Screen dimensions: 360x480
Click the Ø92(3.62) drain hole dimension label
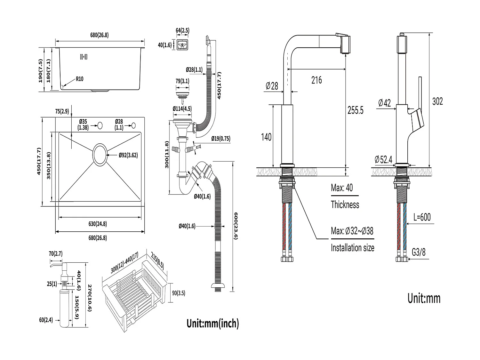click(x=128, y=155)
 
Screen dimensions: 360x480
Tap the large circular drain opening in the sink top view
click(x=101, y=155)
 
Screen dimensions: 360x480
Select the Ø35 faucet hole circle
click(x=100, y=125)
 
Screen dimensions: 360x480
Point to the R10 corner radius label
click(x=79, y=79)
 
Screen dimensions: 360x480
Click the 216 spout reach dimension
click(x=316, y=80)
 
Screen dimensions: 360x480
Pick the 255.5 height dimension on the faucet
click(x=356, y=110)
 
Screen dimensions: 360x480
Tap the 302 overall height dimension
click(x=437, y=101)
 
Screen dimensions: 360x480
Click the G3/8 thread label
click(x=419, y=252)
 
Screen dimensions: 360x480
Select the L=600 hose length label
click(x=422, y=217)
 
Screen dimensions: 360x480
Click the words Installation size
click(x=352, y=248)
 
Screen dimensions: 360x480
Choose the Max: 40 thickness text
click(x=342, y=188)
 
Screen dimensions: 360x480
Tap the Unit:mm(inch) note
click(x=213, y=323)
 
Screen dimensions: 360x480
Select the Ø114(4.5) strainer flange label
click(x=182, y=109)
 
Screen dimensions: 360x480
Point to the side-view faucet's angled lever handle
click(x=417, y=120)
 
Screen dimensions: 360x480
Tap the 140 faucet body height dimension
click(x=266, y=137)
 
